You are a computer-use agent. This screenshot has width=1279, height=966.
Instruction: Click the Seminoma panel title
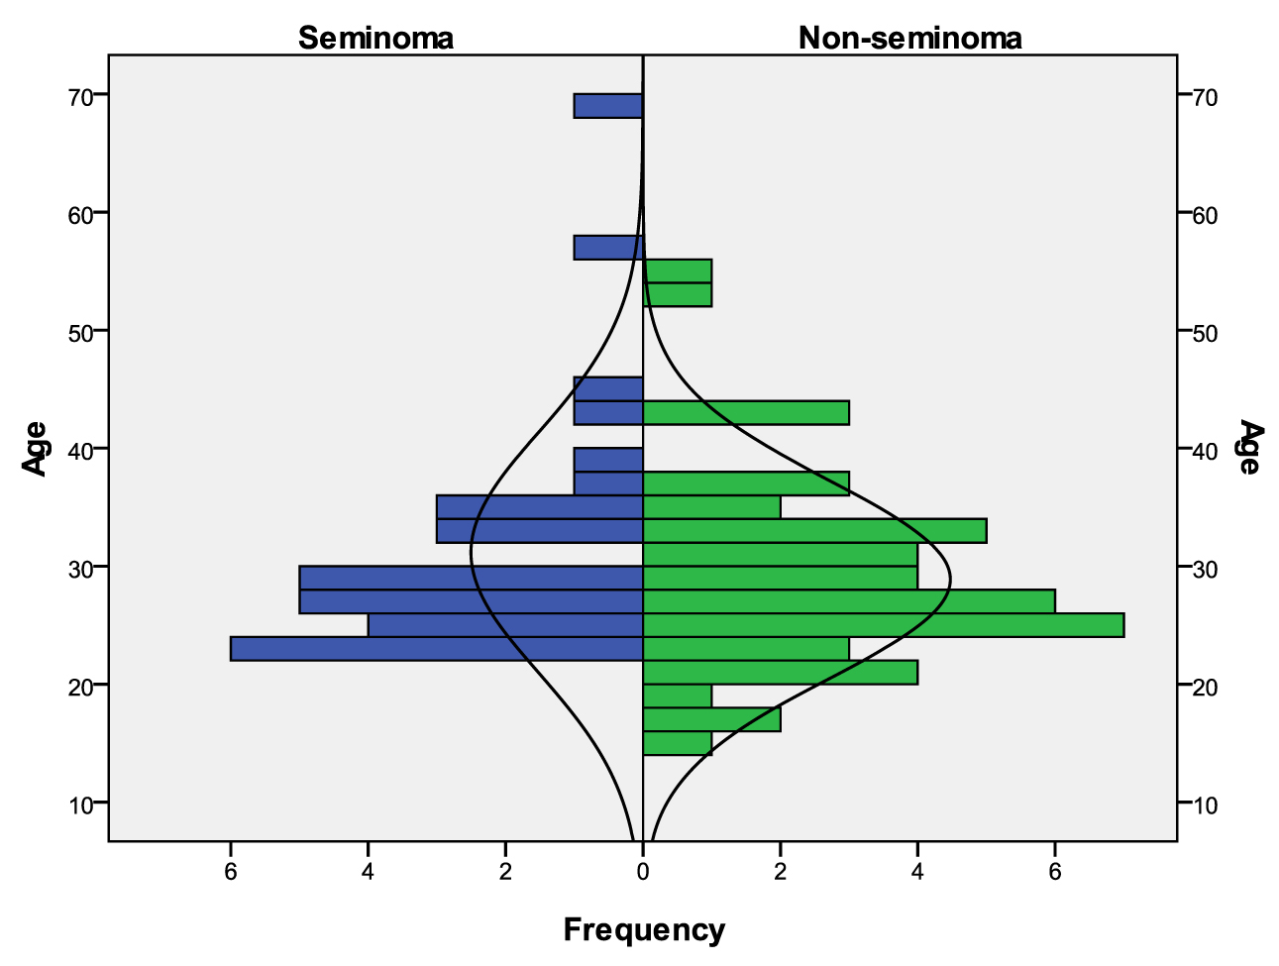click(375, 38)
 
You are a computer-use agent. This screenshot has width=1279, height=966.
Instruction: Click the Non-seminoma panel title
click(909, 38)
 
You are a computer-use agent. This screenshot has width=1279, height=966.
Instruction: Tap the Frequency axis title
click(644, 930)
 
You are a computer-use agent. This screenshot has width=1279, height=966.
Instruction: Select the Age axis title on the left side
click(36, 449)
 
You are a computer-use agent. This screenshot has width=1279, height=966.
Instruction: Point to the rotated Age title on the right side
click(1250, 448)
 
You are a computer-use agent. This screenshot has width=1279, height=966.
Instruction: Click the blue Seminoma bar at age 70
click(608, 105)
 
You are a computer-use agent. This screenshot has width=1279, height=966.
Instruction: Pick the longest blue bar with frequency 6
click(436, 648)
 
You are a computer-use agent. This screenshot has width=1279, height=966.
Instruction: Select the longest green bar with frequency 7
click(883, 625)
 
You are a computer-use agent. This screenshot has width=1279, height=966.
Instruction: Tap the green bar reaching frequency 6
click(848, 601)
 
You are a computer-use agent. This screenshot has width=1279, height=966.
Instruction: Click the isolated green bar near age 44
click(746, 412)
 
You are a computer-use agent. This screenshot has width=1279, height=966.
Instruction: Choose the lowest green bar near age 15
click(678, 743)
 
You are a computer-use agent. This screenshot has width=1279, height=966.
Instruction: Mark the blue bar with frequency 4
click(505, 625)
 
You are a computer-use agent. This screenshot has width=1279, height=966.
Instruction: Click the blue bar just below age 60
click(608, 248)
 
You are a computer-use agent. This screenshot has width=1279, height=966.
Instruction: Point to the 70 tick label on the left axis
click(81, 96)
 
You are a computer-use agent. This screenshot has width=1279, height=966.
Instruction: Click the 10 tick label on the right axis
click(1206, 804)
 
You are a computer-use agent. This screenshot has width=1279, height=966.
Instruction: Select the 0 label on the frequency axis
click(643, 872)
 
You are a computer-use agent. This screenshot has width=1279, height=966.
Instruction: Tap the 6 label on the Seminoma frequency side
click(231, 872)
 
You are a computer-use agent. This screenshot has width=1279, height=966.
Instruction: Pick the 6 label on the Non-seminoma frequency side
click(1055, 872)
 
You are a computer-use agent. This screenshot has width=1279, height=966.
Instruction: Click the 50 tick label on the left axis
click(81, 331)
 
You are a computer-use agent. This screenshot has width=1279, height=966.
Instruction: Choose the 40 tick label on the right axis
click(1206, 450)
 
